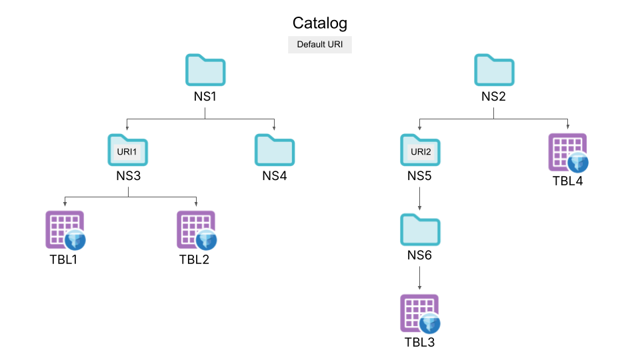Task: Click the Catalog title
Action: click(320, 23)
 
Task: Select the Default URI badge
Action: click(320, 45)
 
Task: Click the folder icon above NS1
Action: click(205, 70)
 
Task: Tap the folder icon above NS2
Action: click(494, 70)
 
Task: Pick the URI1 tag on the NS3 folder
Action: click(127, 152)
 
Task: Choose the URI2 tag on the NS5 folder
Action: click(421, 152)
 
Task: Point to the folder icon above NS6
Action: click(420, 230)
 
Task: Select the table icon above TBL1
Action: click(65, 230)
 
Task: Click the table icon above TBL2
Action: click(196, 230)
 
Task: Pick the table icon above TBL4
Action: click(567, 153)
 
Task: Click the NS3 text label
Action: click(127, 177)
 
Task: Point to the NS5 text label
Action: click(420, 177)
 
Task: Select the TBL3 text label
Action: click(420, 343)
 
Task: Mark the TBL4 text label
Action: click(567, 181)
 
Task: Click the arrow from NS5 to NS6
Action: click(419, 199)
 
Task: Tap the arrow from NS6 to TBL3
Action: click(419, 278)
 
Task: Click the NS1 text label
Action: click(205, 97)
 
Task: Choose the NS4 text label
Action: click(274, 177)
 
